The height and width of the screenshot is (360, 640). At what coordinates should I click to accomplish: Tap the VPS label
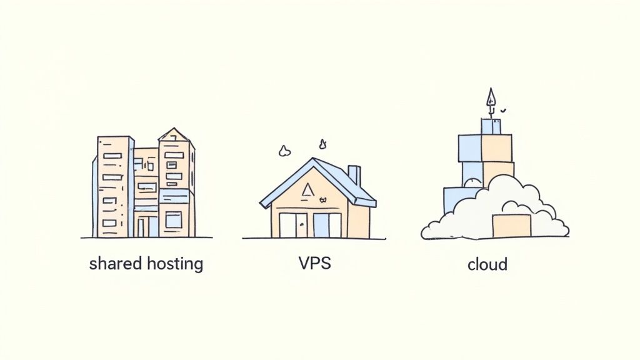point(314,263)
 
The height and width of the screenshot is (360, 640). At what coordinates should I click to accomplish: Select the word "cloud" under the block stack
point(487,264)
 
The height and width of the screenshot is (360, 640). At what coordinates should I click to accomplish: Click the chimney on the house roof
point(354,176)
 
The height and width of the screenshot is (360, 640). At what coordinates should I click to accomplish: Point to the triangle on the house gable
point(307,190)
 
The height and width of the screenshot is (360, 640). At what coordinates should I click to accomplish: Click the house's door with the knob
point(298,225)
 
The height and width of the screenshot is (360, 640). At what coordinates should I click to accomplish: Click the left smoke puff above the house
point(285,151)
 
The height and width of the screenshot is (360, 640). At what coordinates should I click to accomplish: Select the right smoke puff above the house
point(323,144)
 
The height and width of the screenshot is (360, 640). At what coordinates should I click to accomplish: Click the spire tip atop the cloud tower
point(491,97)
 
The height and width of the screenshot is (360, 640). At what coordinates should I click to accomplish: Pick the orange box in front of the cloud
point(511,226)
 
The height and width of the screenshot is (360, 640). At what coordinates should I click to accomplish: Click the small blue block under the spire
point(491,126)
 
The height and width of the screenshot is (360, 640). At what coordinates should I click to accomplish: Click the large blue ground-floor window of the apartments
point(173,219)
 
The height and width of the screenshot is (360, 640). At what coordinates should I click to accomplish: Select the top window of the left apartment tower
point(112,156)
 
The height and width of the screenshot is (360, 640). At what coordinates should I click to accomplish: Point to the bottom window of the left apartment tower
point(109,223)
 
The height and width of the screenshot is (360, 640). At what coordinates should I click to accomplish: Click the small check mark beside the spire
point(503,111)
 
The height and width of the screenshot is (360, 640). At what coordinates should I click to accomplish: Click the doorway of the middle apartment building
point(142,226)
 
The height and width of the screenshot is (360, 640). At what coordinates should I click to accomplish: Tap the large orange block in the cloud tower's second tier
point(497,147)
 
